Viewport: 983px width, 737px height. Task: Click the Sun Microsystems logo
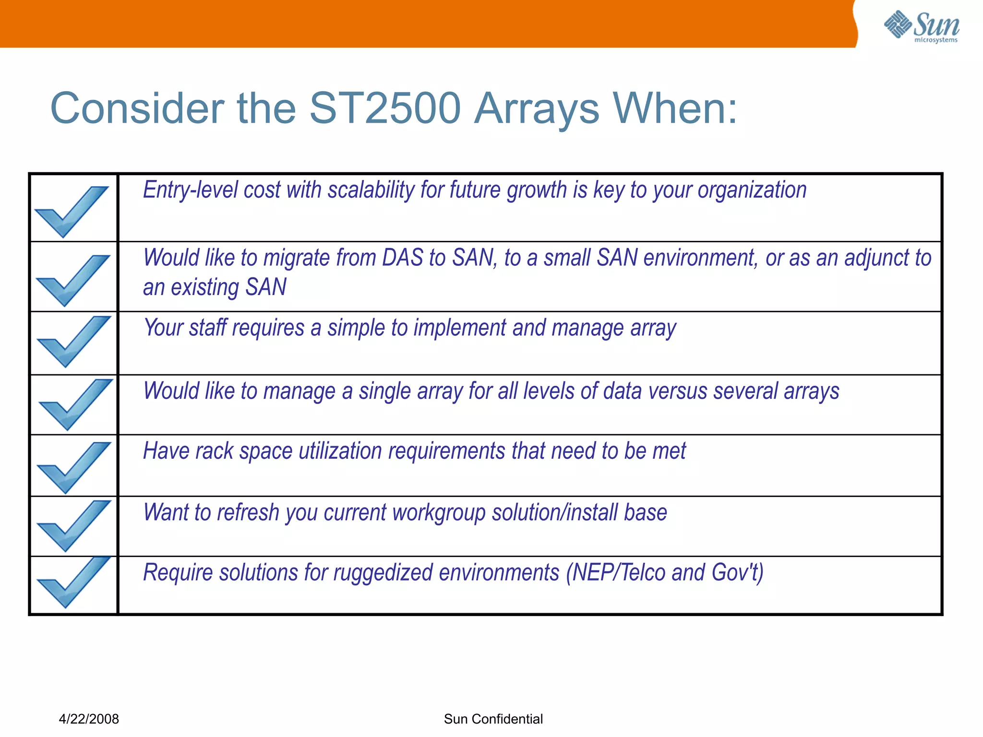tap(922, 26)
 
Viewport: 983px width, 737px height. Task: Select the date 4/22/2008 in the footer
tap(89, 719)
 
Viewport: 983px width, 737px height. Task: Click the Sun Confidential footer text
tap(493, 719)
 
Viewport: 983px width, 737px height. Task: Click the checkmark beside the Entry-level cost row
tap(72, 211)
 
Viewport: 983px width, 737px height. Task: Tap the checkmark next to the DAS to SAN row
tap(73, 280)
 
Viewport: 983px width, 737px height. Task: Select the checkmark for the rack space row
tap(74, 467)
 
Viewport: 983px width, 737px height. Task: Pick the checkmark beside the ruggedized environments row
tap(73, 582)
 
